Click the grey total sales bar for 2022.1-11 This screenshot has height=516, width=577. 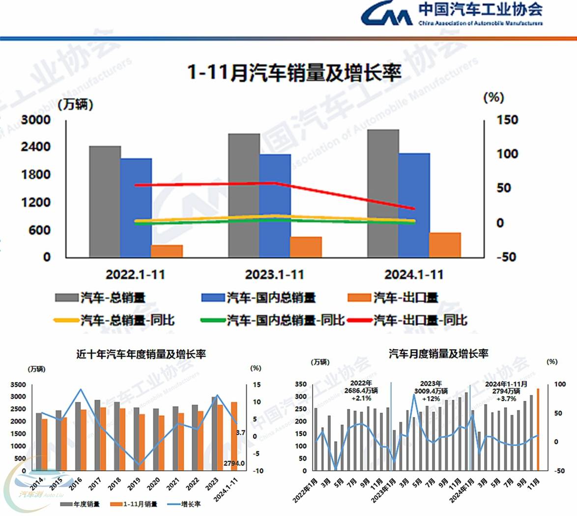pos(105,201)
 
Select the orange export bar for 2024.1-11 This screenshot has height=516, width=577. pos(445,244)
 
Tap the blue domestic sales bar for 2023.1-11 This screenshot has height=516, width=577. pos(275,205)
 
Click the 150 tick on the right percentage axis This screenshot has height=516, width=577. pos(506,120)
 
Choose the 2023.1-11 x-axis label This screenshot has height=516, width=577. pos(274,274)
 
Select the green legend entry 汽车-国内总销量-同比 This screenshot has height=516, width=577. pos(285,320)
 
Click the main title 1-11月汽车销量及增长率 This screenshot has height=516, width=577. pos(294,73)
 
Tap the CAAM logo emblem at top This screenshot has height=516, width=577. pos(386,14)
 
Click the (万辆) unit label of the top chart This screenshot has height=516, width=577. pos(75,104)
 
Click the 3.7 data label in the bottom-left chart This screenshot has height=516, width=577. pos(240,433)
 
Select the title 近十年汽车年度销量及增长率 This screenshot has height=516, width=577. pos(141,354)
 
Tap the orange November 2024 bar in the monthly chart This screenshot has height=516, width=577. pos(538,429)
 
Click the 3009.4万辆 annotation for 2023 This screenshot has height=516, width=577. pos(431,391)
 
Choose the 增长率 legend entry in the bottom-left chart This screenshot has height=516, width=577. pos(191,504)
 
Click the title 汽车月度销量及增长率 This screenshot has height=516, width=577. pos(438,353)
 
